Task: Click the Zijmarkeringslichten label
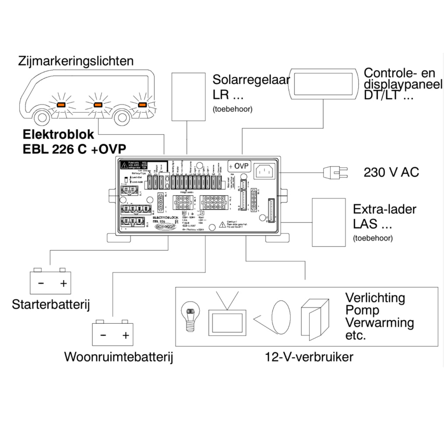(x=76, y=61)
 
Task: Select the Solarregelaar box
(x=188, y=96)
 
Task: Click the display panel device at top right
(x=323, y=84)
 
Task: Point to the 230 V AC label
(x=391, y=172)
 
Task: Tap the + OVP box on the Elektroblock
(x=238, y=166)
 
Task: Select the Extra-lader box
(x=328, y=222)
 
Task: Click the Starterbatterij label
(x=51, y=304)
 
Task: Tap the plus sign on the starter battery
(x=63, y=283)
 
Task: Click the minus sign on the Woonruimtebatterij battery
(x=103, y=336)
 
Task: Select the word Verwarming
(x=379, y=323)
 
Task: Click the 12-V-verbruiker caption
(x=309, y=357)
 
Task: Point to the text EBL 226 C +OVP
(x=77, y=148)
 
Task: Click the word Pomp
(x=362, y=310)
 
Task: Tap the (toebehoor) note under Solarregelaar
(x=232, y=109)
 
